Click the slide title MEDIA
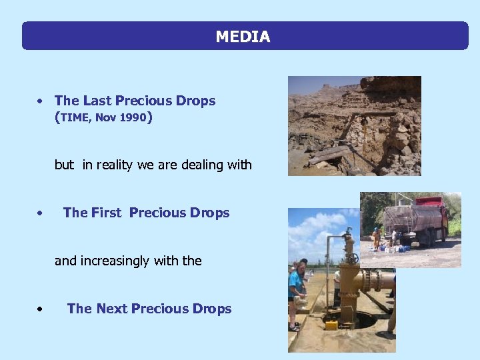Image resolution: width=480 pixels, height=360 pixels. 243,37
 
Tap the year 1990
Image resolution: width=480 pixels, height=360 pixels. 134,118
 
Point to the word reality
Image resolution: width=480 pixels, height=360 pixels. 116,165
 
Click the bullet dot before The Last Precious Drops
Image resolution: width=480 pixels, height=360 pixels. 41,101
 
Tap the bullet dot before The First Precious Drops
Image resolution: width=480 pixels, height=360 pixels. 41,213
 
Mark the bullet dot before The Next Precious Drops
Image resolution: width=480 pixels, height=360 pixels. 41,309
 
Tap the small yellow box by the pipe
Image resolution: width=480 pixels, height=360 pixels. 331,325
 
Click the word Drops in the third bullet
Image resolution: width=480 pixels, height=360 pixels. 212,309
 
